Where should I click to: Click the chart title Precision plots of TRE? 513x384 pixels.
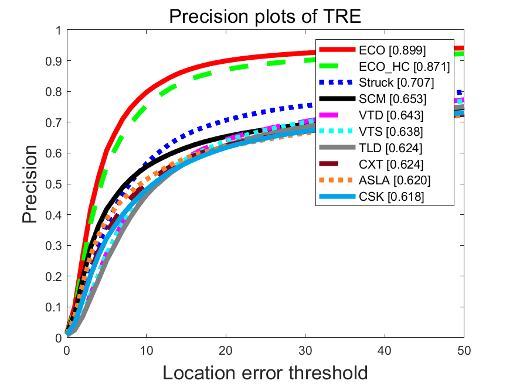coord(264,16)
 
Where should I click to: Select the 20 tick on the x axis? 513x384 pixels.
coord(226,350)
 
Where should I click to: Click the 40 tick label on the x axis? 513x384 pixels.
coord(385,350)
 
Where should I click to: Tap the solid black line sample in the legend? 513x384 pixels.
coord(337,100)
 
